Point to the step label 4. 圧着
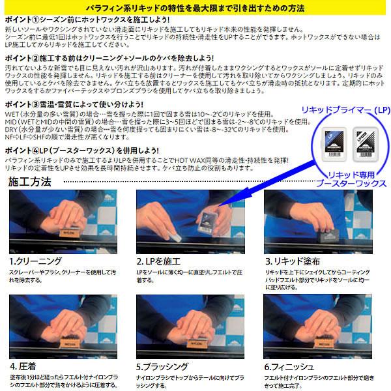point(23,366)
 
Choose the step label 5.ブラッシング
point(163,366)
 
